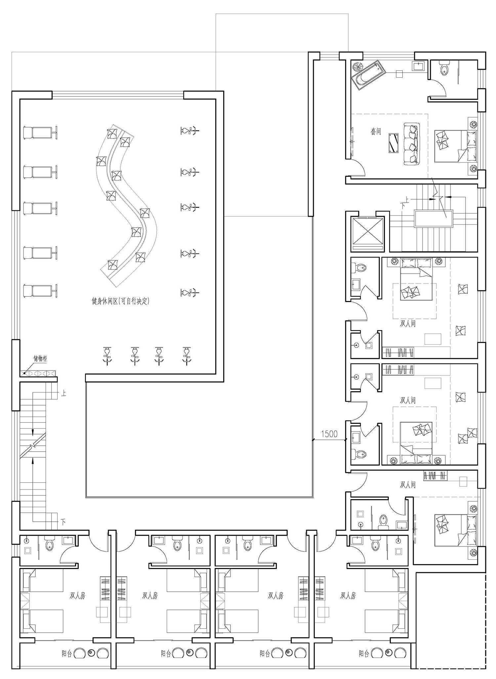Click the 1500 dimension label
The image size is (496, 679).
[329, 434]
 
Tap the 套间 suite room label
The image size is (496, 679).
[376, 132]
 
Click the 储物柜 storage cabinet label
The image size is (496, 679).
[40, 358]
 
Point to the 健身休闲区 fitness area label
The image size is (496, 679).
[105, 301]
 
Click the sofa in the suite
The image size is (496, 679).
[411, 143]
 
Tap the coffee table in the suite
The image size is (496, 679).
[393, 143]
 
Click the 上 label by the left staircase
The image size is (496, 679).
[63, 393]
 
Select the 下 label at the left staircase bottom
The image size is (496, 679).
[63, 522]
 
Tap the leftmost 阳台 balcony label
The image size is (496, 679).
[67, 653]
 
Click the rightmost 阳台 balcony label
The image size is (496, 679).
[364, 653]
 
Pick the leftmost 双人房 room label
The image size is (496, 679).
[78, 595]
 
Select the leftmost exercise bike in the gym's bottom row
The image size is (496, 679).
[107, 356]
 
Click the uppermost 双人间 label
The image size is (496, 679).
[408, 323]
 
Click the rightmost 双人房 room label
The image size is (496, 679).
[348, 595]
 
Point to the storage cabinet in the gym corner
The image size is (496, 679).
[37, 373]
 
